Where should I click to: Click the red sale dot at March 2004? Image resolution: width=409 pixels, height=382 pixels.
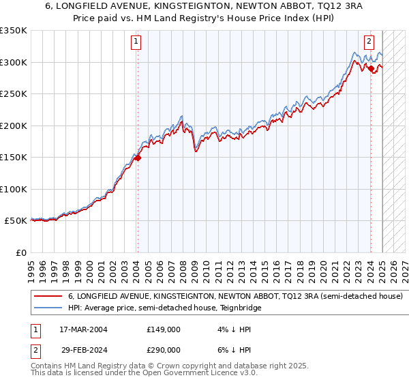(x=138, y=158)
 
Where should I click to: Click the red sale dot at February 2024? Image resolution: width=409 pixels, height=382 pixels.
(x=371, y=68)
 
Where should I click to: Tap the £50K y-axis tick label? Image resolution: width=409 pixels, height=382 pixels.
(x=16, y=221)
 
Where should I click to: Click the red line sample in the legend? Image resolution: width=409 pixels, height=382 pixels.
(x=48, y=297)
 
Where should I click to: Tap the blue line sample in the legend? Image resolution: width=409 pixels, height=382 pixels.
(x=48, y=308)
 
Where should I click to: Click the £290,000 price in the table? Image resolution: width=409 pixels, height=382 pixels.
(x=163, y=349)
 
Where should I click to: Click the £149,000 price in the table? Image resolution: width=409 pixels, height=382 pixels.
(x=163, y=329)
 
